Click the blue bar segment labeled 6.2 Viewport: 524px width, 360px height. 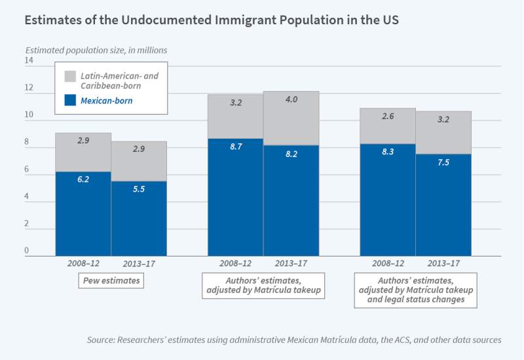pyautogui.click(x=83, y=213)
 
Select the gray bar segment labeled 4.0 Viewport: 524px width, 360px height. pyautogui.click(x=291, y=118)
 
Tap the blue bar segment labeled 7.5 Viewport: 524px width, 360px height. pyautogui.click(x=443, y=205)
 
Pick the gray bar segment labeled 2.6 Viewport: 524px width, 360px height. pyautogui.click(x=388, y=126)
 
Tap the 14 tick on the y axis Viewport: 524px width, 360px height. pyautogui.click(x=29, y=61)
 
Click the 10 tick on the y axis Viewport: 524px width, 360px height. pyautogui.click(x=29, y=115)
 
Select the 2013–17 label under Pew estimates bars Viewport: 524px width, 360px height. pyautogui.click(x=140, y=264)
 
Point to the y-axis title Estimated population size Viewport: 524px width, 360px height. pyautogui.click(x=69, y=50)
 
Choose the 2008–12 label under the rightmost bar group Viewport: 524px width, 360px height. pyautogui.click(x=388, y=264)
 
